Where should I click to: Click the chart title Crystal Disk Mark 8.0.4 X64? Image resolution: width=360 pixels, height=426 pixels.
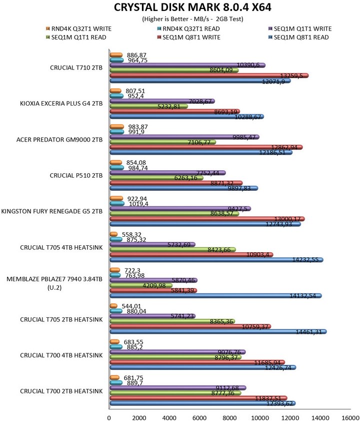(x=181, y=8)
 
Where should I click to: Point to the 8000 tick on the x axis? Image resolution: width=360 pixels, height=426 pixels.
(x=229, y=416)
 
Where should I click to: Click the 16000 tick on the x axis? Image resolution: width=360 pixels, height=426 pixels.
(x=349, y=416)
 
